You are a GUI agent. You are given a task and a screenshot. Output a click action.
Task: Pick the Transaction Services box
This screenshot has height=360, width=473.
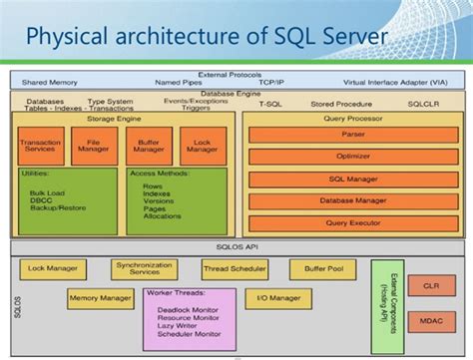(40, 147)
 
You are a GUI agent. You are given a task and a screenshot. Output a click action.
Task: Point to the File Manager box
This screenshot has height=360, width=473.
(94, 147)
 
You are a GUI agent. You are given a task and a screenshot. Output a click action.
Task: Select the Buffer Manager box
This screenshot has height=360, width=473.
(149, 147)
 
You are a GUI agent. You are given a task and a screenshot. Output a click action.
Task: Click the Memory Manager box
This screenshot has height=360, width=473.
(101, 297)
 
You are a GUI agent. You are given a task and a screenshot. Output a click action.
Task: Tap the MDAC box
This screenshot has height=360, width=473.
(430, 321)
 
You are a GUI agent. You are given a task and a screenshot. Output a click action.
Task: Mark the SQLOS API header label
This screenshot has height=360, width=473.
(236, 246)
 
